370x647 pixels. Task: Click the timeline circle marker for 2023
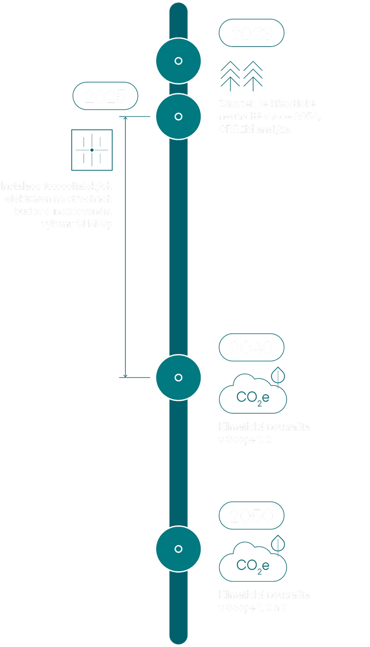tap(178, 61)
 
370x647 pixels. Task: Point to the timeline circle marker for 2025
tap(178, 117)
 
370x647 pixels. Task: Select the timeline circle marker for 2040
tap(178, 378)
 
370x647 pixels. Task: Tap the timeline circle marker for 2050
tap(178, 549)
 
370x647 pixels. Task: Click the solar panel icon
tap(92, 150)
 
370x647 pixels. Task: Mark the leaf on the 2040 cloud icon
tap(278, 376)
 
